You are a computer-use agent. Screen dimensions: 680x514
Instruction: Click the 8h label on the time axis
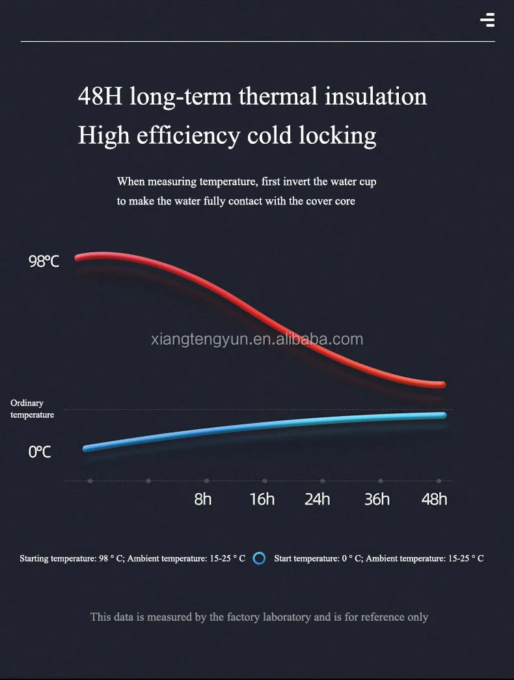click(203, 499)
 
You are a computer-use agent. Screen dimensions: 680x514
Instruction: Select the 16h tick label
click(262, 499)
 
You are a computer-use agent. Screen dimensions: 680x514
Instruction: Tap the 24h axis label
click(318, 499)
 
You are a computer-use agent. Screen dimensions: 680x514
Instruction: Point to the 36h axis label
click(377, 499)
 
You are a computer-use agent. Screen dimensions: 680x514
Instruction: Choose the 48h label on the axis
click(434, 499)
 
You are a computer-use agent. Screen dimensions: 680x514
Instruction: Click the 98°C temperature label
click(44, 262)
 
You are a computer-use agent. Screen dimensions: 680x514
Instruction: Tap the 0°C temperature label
click(40, 452)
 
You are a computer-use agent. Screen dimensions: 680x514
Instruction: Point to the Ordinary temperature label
click(32, 409)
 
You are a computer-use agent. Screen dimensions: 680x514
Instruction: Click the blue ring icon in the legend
click(259, 558)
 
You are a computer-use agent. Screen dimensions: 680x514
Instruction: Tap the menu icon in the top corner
click(487, 20)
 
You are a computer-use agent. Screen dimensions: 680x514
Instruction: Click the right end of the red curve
click(442, 385)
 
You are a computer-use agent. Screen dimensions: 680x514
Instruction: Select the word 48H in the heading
click(100, 96)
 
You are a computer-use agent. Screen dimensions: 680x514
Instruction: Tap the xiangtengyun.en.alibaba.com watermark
click(256, 339)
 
